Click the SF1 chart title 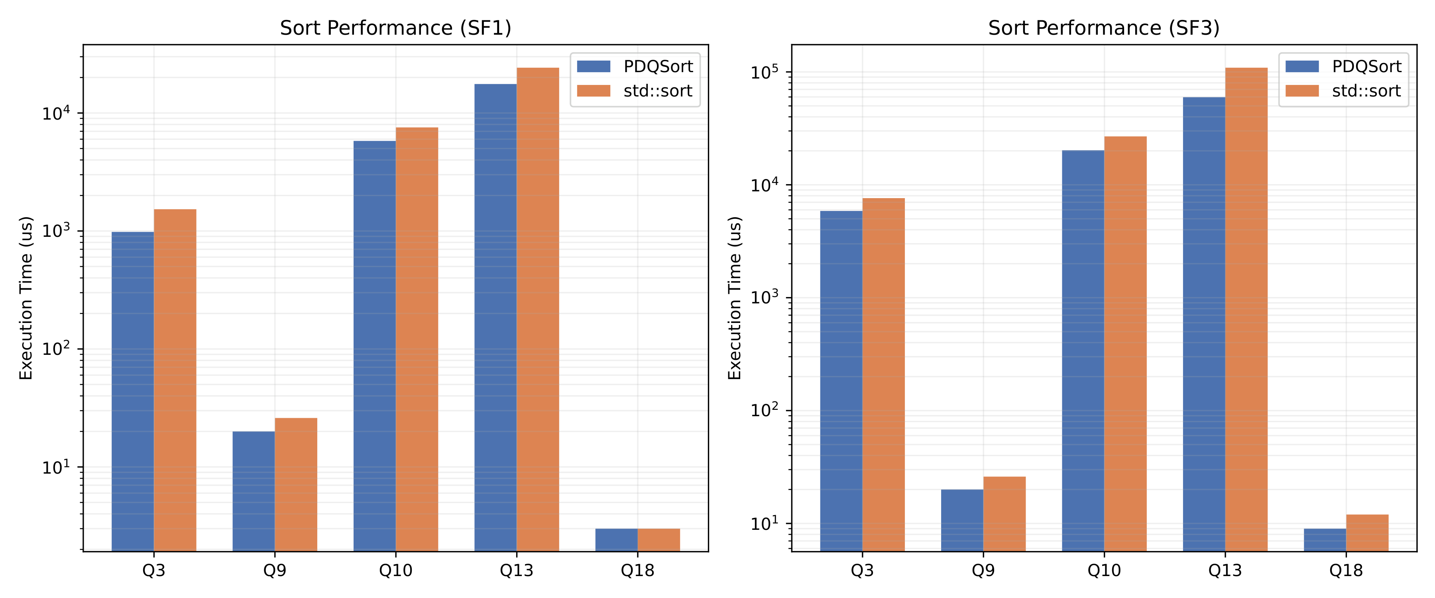pos(395,28)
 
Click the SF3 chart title pos(1103,28)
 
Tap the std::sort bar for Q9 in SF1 pos(296,484)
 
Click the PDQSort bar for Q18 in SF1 pos(616,539)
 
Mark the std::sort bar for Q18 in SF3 pos(1367,533)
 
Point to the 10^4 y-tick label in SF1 pos(56,113)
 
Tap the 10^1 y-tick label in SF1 pos(56,467)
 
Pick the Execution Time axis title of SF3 pos(735,298)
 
